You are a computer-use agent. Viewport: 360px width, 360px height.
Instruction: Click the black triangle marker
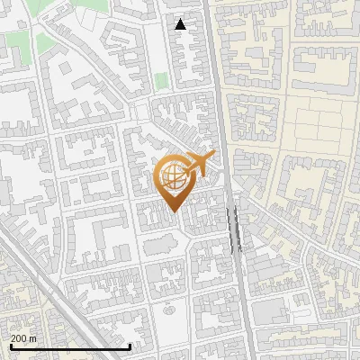click(x=181, y=24)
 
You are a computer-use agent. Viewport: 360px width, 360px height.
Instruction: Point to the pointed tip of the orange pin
click(x=173, y=211)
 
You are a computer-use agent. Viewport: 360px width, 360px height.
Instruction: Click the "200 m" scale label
click(x=23, y=337)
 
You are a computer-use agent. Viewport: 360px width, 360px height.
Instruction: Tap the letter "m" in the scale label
click(x=32, y=337)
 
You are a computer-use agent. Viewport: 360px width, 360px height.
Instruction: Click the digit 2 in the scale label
click(x=13, y=337)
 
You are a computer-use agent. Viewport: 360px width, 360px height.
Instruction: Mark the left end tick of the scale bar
click(x=10, y=346)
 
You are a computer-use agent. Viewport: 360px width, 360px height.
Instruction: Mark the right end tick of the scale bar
click(x=131, y=346)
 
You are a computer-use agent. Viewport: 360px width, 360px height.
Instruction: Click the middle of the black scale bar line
click(x=70, y=346)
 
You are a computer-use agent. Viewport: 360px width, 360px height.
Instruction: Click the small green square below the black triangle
click(x=160, y=82)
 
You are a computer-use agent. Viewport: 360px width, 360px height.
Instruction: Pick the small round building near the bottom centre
click(x=167, y=307)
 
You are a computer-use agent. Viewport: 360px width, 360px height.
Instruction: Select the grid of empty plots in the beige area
click(x=319, y=126)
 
